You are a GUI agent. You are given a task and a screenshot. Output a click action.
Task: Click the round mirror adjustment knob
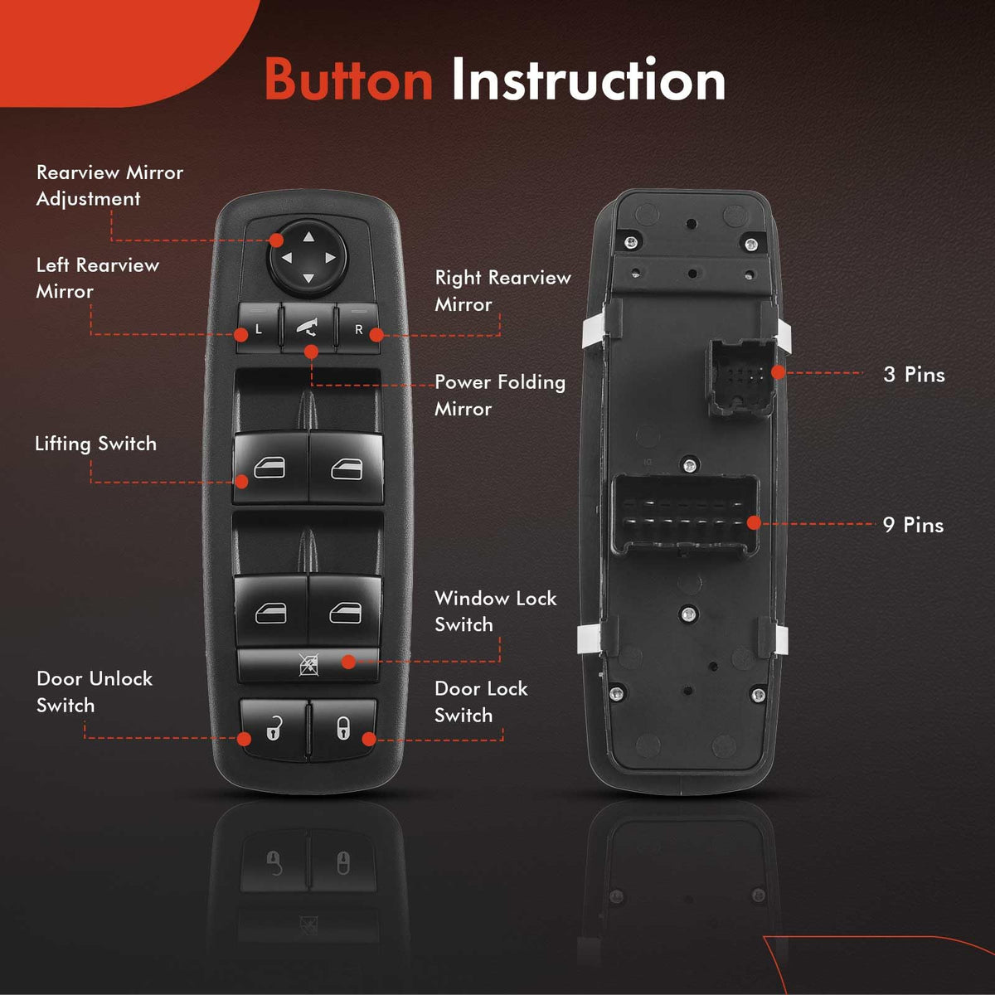[x=308, y=257]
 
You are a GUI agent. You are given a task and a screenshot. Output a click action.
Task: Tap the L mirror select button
[x=258, y=328]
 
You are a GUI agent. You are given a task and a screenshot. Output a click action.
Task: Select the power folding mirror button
[x=308, y=328]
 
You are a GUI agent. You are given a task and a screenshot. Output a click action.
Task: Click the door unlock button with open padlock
[x=274, y=729]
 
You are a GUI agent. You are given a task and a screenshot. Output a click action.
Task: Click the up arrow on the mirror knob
[x=308, y=237]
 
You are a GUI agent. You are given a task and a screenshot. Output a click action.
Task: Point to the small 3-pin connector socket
[x=740, y=377]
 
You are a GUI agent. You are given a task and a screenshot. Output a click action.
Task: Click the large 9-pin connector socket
[x=685, y=517]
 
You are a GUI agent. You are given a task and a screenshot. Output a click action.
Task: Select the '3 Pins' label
[x=914, y=375]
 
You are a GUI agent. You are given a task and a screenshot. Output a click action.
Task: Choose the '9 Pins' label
[x=914, y=525]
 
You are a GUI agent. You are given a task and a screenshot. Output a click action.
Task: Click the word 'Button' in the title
[x=348, y=80]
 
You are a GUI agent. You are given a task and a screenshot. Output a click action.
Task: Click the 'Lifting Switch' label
[x=95, y=444]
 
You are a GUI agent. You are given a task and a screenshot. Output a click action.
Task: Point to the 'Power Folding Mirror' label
[x=500, y=396]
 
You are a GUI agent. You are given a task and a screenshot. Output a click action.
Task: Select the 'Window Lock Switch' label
[x=496, y=612]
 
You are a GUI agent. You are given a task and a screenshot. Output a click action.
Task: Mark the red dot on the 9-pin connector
[x=754, y=523]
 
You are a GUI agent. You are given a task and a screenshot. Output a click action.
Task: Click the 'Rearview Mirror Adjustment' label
[x=109, y=186]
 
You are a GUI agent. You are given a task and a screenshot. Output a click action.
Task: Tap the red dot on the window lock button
[x=348, y=662]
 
